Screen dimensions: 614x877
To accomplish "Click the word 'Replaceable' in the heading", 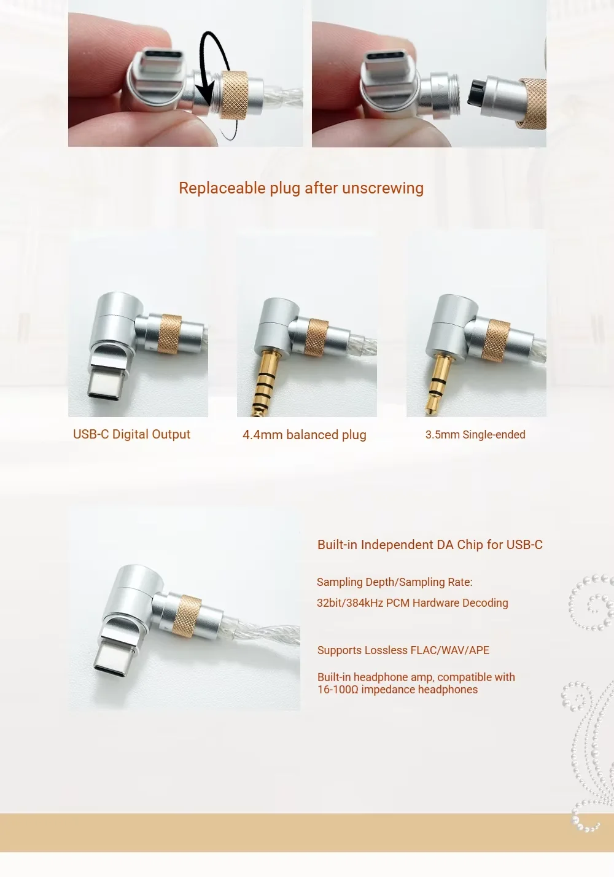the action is (x=222, y=188).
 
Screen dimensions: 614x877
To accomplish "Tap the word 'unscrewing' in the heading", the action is (x=383, y=188).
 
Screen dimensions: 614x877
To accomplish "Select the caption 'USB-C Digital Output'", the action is (x=131, y=434).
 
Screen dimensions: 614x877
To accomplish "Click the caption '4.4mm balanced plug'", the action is (x=305, y=435).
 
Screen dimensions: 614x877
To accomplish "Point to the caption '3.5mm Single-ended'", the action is (x=475, y=435).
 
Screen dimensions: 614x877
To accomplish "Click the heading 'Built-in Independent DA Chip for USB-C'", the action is (x=430, y=545).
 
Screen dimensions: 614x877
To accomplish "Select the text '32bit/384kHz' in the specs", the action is (x=350, y=602).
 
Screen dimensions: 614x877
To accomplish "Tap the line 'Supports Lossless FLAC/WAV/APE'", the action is (x=403, y=650).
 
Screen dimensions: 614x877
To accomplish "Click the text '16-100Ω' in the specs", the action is (x=338, y=690).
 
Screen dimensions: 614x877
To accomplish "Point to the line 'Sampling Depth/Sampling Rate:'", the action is (x=394, y=582).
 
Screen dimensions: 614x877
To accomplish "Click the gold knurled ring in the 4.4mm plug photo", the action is (x=316, y=338).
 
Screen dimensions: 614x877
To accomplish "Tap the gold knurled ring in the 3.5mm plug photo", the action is (x=496, y=340).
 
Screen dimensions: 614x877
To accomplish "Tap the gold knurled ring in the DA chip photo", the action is (x=187, y=617).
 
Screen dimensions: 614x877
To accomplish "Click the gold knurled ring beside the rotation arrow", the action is (x=235, y=95).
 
